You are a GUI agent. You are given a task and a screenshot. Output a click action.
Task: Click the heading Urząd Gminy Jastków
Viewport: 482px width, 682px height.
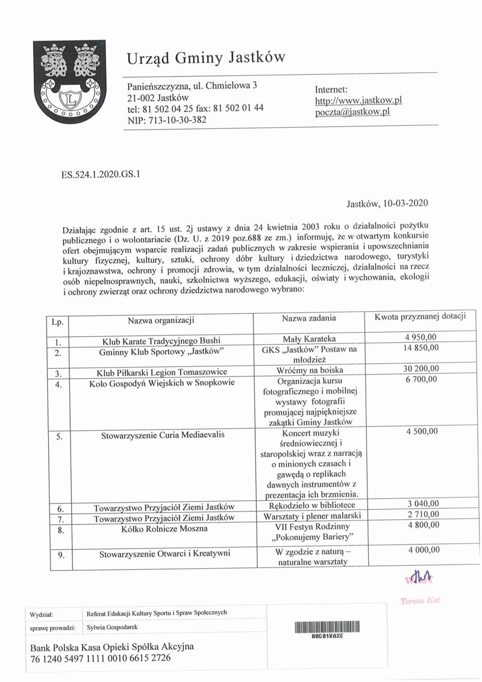pos(205,58)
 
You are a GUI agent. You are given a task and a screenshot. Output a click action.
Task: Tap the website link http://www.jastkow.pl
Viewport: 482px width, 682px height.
pos(358,100)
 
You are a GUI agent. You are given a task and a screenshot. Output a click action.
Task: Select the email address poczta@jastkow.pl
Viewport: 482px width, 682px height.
pos(352,111)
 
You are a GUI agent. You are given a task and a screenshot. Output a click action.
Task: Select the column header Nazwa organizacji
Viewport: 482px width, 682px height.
pos(160,318)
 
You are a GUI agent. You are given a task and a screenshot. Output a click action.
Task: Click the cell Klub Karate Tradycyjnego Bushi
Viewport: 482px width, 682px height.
pos(161,340)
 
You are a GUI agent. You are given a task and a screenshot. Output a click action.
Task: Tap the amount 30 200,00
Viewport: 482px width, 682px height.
pos(421,369)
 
